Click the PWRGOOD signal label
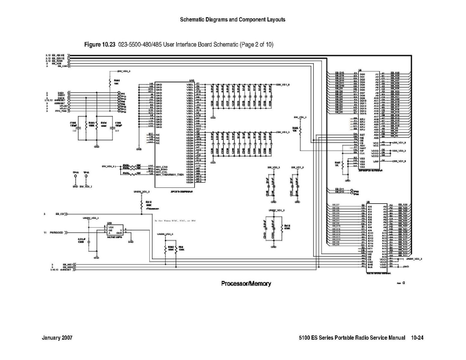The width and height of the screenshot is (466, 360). pos(56,233)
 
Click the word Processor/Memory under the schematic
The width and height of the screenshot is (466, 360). pos(246,283)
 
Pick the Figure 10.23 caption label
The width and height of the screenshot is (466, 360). pos(100,45)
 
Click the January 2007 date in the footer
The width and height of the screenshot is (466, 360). pos(57,338)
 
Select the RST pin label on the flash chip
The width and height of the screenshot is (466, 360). pos(362,135)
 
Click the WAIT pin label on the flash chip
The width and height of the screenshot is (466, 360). pos(363,148)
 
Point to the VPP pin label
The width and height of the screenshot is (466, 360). pos(375,162)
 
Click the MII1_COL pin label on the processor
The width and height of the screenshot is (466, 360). pos(162,171)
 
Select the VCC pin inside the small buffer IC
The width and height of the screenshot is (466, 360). pos(110,227)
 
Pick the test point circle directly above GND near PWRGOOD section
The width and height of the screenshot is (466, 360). pos(75,176)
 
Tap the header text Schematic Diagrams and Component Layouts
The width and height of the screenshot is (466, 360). pos(232,20)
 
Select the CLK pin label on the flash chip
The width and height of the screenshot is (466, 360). pos(362,153)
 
